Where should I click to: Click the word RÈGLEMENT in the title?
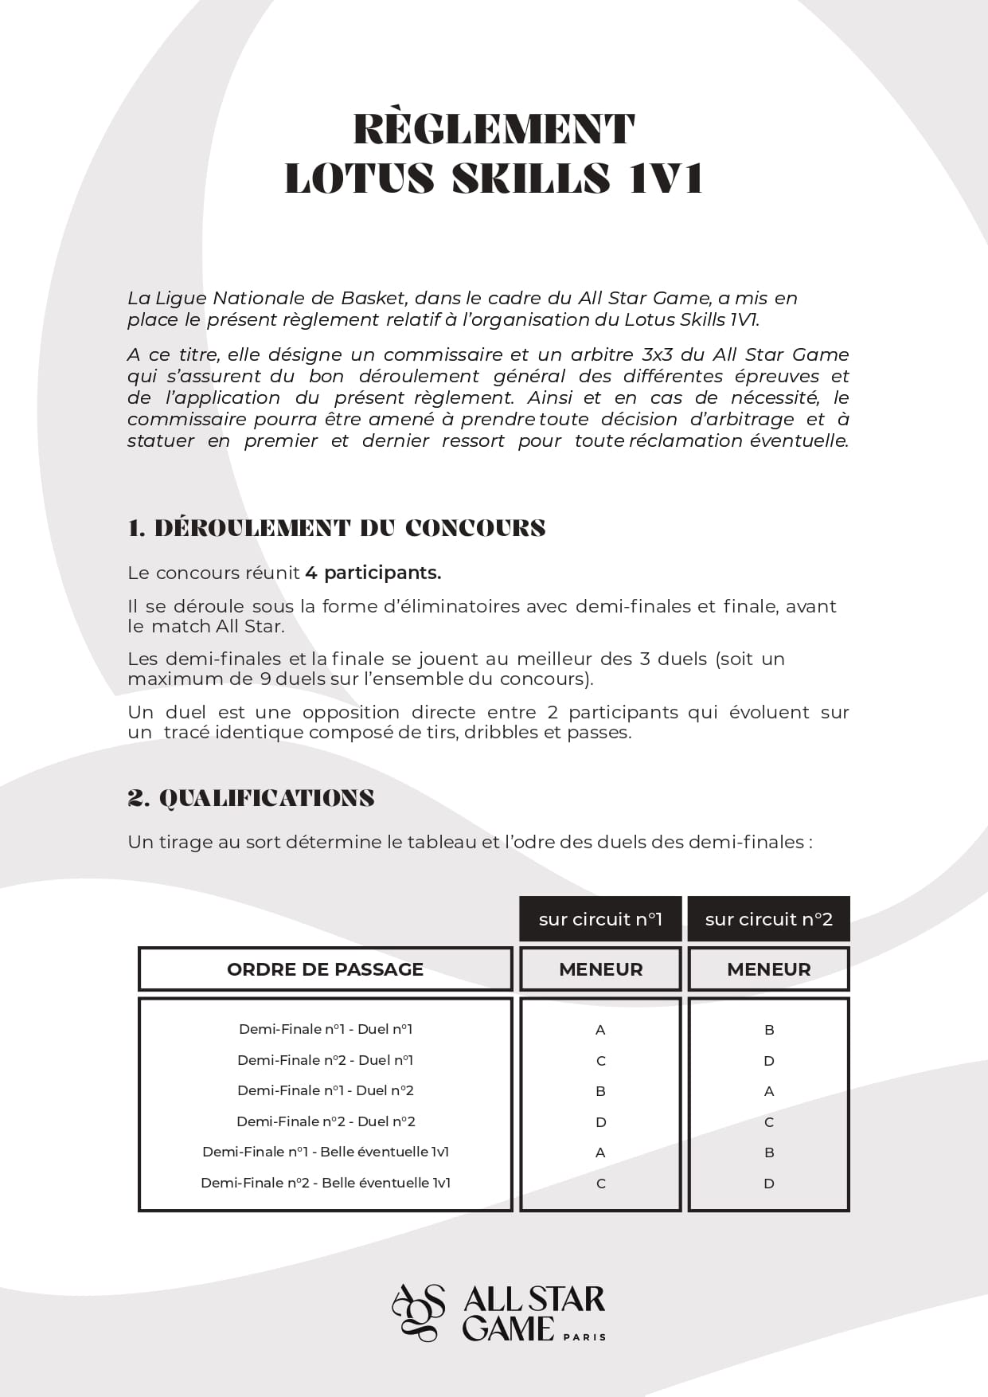(494, 130)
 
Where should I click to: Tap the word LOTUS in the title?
(359, 178)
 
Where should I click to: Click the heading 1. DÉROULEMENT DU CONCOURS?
(337, 528)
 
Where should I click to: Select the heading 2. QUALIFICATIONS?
(251, 798)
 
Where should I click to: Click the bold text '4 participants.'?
(373, 573)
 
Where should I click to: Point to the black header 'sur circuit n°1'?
(600, 919)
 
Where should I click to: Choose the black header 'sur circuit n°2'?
(768, 919)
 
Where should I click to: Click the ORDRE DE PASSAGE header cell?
(325, 969)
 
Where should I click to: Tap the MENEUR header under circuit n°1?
(600, 969)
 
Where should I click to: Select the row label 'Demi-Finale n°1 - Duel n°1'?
(326, 1029)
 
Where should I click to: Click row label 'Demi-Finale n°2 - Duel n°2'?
(326, 1121)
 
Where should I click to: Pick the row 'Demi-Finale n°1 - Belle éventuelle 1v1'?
(326, 1152)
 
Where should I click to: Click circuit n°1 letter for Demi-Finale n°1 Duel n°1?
(600, 1030)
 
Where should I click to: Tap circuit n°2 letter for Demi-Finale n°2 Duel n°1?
(769, 1061)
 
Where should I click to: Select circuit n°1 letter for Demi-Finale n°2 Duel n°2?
(600, 1122)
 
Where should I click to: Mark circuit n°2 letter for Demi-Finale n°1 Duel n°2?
(769, 1091)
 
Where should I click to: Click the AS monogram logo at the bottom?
(419, 1312)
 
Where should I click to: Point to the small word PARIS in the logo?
(584, 1337)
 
